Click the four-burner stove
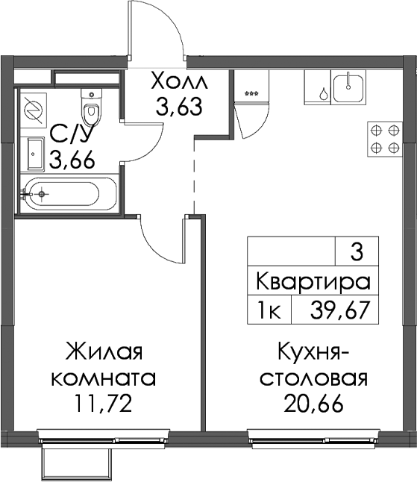tap(385, 139)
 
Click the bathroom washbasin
tap(37, 153)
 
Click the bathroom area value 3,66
tap(72, 160)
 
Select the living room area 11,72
tap(103, 403)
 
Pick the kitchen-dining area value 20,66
tap(313, 403)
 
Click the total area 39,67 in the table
tap(339, 311)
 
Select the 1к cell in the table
tap(269, 311)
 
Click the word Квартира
tap(313, 281)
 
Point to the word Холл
tap(180, 81)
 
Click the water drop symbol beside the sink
tap(323, 93)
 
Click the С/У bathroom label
tap(70, 135)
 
